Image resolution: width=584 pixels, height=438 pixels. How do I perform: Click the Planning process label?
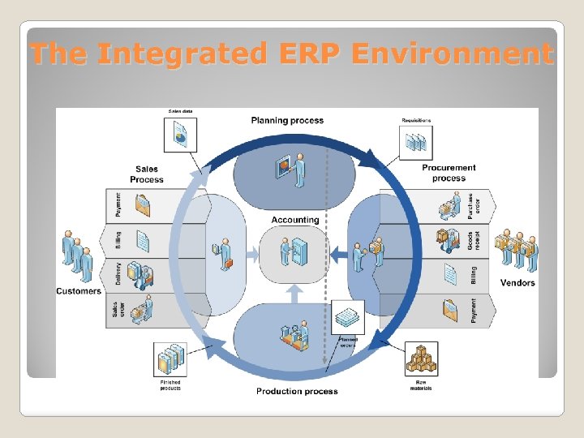(287, 121)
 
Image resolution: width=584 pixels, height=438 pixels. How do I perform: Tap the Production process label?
(297, 391)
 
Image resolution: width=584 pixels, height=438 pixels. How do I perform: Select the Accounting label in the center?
(295, 220)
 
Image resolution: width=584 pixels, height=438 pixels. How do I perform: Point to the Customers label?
(79, 290)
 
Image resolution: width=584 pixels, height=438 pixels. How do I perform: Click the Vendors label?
(517, 283)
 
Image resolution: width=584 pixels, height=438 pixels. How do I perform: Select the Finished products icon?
(170, 359)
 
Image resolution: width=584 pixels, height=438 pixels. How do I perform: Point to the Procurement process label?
(449, 173)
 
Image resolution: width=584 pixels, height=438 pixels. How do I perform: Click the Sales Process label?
(147, 174)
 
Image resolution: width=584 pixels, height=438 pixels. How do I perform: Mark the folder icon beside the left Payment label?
(144, 205)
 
